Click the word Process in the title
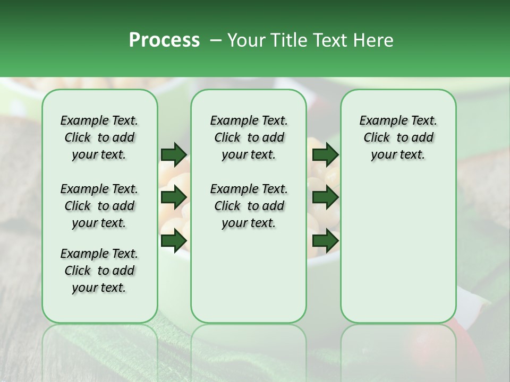pos(164,40)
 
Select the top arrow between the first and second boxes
pos(174,154)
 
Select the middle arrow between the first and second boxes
pos(174,197)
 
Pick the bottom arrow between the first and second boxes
pos(174,240)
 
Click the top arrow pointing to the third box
pos(325,154)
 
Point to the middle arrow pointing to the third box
pos(325,197)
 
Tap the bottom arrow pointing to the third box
pos(325,240)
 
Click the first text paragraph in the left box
pos(99,137)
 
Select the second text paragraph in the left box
pos(99,206)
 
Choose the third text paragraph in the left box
pos(99,271)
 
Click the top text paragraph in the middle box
pos(249,137)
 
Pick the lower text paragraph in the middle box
pos(249,206)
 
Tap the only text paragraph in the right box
pos(398,137)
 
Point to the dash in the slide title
pos(216,40)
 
